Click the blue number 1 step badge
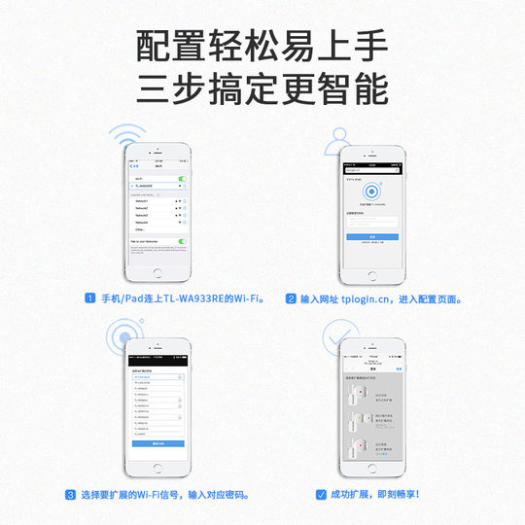(89, 299)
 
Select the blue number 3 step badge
(70, 495)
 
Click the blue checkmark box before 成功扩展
(321, 495)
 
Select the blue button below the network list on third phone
(157, 442)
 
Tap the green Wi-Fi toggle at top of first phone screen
(182, 180)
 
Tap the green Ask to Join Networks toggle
(182, 239)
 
